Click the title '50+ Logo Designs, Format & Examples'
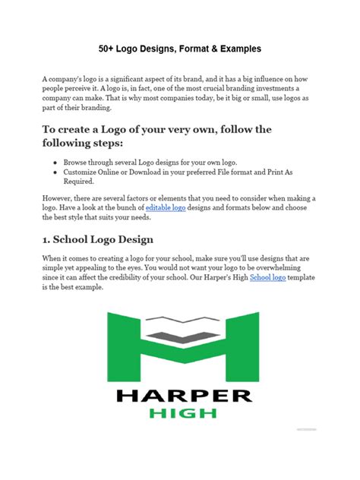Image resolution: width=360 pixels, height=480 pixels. [x=179, y=49]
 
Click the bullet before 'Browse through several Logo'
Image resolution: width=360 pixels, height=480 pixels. [x=56, y=163]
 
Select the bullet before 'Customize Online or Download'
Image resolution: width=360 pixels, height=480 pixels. [x=56, y=172]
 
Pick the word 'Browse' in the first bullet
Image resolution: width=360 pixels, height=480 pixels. [x=79, y=163]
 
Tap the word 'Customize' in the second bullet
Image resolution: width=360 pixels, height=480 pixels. [x=86, y=172]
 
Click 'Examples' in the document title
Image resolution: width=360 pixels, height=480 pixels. [x=239, y=49]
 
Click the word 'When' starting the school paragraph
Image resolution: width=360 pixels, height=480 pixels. [x=54, y=259]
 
